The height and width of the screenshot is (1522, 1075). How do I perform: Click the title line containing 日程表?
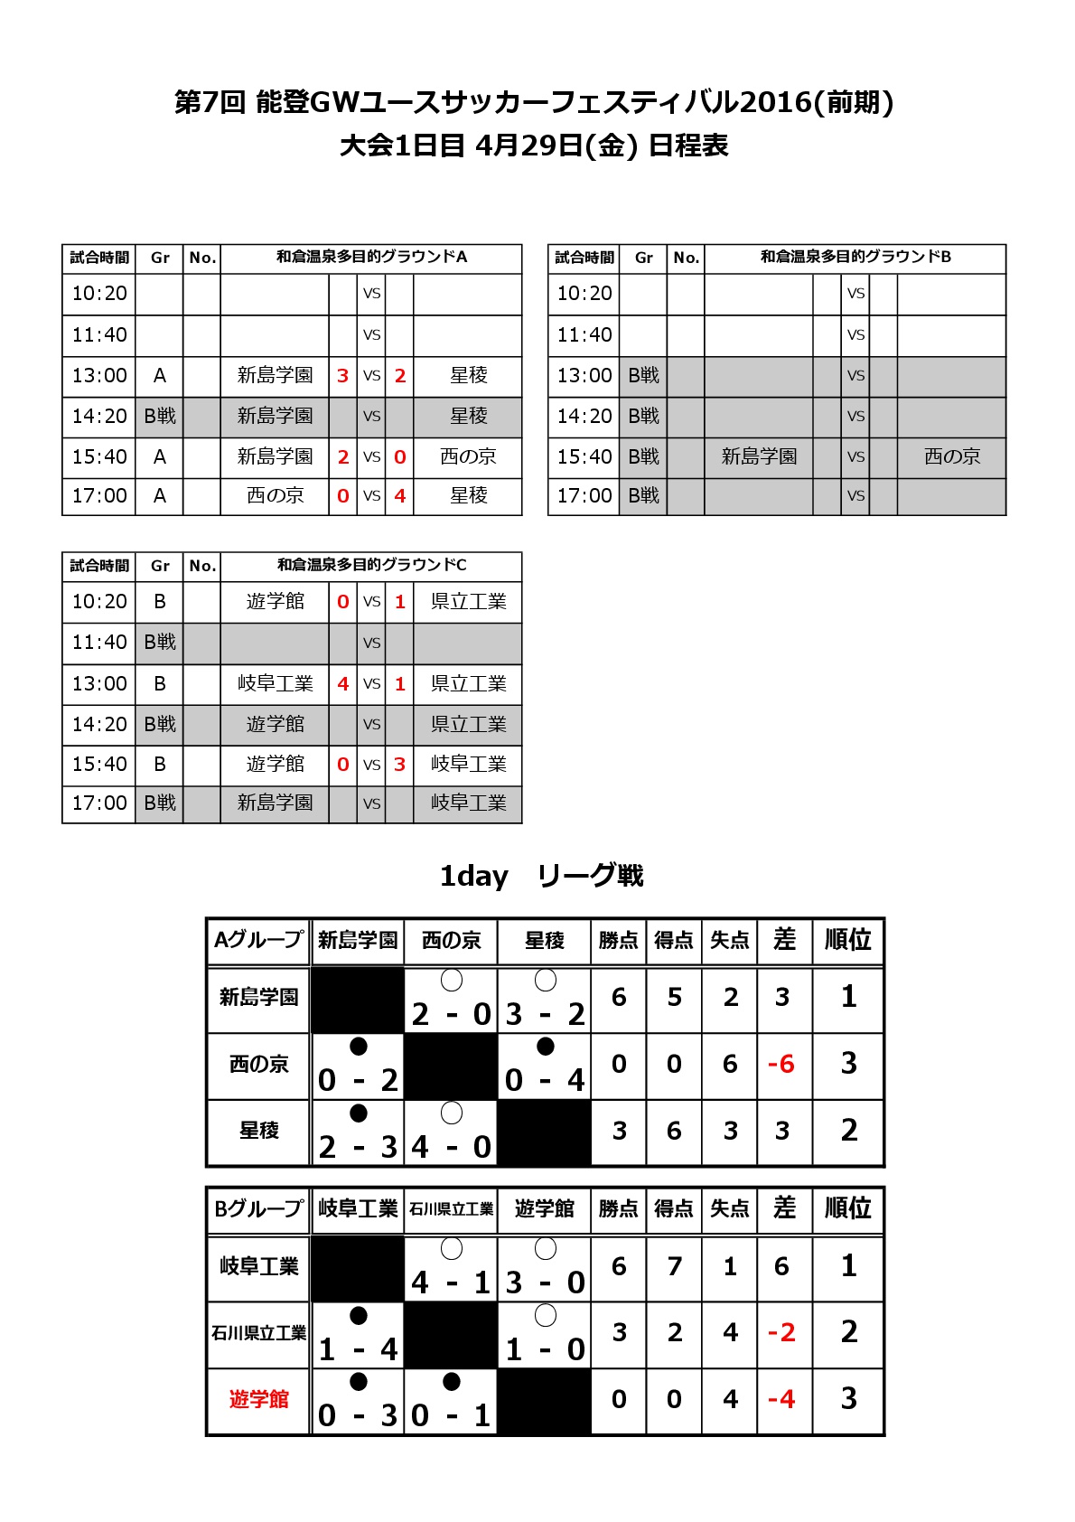[534, 146]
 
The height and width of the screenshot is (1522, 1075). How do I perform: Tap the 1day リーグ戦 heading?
[540, 875]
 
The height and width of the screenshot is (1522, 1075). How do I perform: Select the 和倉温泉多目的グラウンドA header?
[371, 258]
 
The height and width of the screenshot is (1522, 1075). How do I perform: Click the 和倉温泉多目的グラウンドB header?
[855, 258]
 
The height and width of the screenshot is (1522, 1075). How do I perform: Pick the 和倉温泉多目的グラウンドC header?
[371, 566]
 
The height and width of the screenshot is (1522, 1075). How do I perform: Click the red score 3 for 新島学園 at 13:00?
[342, 376]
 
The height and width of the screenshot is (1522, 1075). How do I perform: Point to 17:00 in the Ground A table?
[99, 496]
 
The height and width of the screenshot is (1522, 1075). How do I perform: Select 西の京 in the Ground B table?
[951, 456]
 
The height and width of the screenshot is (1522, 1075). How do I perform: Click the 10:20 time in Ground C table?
[99, 602]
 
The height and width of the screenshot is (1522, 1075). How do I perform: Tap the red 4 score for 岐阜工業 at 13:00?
[342, 684]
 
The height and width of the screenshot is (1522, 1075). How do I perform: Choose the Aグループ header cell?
[258, 940]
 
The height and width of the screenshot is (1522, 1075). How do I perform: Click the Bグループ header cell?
[258, 1208]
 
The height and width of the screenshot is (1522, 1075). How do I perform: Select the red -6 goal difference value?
[781, 1064]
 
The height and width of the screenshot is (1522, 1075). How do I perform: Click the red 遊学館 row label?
[258, 1399]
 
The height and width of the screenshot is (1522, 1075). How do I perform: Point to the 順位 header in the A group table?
[847, 940]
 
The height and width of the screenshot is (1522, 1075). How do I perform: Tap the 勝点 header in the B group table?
[618, 1208]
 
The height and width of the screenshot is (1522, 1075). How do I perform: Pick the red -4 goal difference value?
[781, 1399]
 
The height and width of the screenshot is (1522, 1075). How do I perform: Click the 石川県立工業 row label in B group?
[258, 1332]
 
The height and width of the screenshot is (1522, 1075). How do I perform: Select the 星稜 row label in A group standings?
[258, 1131]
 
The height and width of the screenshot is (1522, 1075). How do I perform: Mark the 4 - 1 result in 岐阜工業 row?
[450, 1282]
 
